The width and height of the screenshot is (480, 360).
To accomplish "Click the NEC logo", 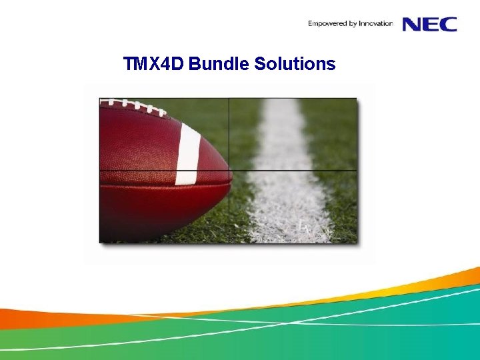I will pos(430,24).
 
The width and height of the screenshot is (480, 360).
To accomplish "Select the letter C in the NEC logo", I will pos(448,24).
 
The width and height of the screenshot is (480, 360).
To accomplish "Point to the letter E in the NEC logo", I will pos(431,24).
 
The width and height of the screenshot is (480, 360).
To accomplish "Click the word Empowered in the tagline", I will pos(325,24).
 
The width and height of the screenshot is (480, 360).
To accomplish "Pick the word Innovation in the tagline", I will pos(375,24).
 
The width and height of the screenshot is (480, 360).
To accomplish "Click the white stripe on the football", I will pos(188,153).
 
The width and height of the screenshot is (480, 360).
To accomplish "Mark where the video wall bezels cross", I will pos(229,171).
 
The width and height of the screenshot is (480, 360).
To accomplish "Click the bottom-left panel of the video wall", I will pos(164,207).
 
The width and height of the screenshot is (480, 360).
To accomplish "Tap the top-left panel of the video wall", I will pos(164,134).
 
